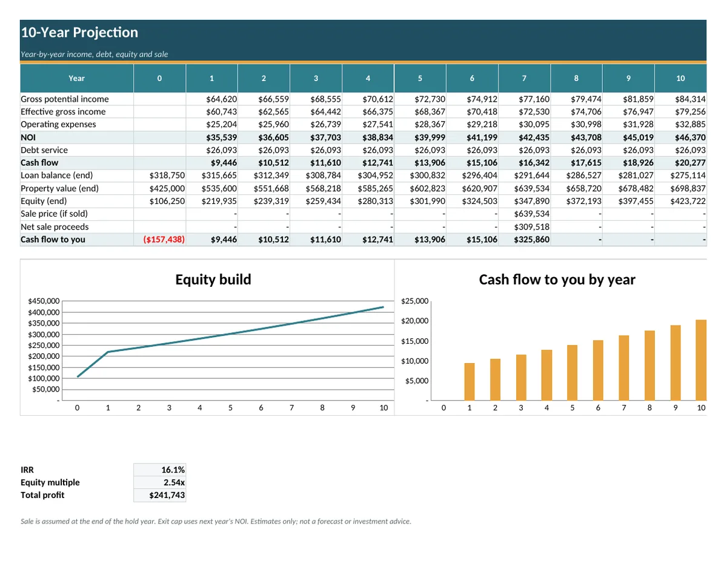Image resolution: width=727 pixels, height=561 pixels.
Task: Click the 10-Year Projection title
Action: (x=79, y=33)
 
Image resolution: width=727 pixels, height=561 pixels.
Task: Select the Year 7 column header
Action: (x=524, y=78)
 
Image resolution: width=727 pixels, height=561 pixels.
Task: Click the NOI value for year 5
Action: (x=430, y=137)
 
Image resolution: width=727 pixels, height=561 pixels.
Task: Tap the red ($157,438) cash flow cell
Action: (x=164, y=240)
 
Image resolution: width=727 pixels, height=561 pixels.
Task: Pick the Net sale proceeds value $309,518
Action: (x=531, y=227)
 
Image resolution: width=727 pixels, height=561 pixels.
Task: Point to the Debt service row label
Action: (x=44, y=150)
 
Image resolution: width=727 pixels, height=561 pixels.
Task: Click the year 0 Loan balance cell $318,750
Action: (x=167, y=176)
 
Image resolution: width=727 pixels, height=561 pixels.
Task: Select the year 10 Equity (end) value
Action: (x=688, y=201)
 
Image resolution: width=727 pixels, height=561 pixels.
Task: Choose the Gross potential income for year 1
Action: (x=222, y=99)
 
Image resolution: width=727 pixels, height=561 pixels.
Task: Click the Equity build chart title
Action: (x=213, y=280)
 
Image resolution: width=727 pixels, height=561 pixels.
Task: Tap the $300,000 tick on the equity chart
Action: (x=44, y=334)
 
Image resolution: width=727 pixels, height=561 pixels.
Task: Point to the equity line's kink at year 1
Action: (x=108, y=352)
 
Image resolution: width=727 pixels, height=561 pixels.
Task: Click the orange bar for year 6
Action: (x=598, y=370)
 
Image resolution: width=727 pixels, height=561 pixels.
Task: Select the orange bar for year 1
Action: (x=470, y=382)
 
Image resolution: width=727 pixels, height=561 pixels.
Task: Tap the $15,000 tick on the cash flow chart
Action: (x=414, y=341)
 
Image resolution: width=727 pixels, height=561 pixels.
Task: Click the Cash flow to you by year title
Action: (x=557, y=280)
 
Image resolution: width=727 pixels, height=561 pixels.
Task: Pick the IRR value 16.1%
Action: (x=173, y=470)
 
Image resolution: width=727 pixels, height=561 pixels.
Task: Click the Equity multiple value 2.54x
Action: (x=174, y=482)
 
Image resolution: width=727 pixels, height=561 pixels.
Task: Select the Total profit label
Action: (x=42, y=495)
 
